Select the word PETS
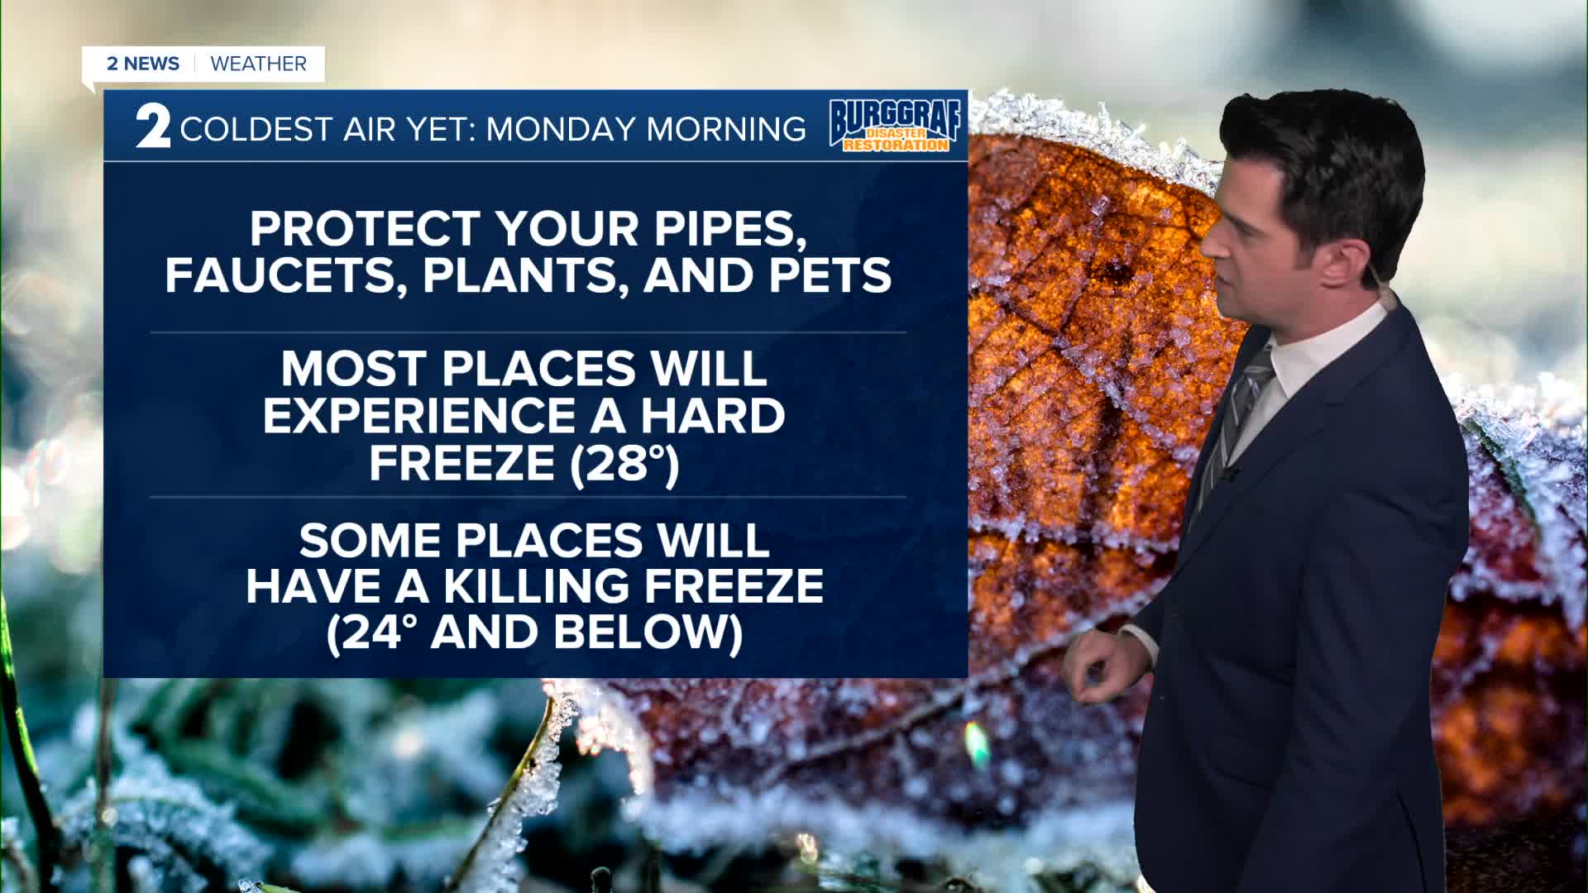tap(830, 275)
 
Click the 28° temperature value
tap(624, 462)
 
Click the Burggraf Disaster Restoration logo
tap(896, 126)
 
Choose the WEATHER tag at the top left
tap(259, 64)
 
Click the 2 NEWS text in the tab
tap(143, 64)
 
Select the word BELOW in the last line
tap(648, 633)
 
